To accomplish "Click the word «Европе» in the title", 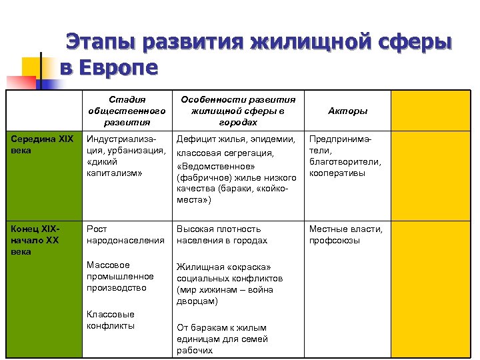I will tap(117, 68).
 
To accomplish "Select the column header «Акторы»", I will tap(347, 111).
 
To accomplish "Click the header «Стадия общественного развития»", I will tap(127, 111).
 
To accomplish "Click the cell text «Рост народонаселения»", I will tap(125, 235).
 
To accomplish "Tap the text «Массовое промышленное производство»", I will tap(120, 276).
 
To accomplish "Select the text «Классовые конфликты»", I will tap(111, 320).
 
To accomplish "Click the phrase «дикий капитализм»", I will tap(113, 167).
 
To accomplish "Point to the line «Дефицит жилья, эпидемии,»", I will tap(235, 139).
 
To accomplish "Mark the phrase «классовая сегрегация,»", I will tap(225, 153).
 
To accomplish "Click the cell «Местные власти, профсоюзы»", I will tap(345, 235).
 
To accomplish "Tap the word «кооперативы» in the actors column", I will tap(337, 173).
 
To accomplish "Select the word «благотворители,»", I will tap(345, 162).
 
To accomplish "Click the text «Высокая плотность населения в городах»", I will tap(221, 235).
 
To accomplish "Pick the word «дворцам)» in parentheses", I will tap(197, 301).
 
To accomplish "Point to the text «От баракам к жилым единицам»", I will tap(222, 333).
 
